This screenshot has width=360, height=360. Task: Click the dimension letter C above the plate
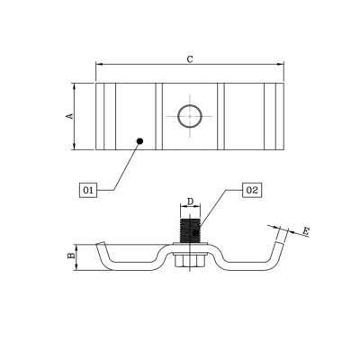coord(189,58)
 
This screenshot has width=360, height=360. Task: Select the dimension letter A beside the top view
coord(68,116)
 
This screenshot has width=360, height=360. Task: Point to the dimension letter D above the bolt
coord(190,201)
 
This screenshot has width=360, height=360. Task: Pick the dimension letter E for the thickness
coord(306,232)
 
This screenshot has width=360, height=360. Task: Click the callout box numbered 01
coord(87,190)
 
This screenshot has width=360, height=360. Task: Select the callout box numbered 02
coord(252,190)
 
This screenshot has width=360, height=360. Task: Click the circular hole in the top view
coord(190,115)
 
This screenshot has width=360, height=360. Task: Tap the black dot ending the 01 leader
coord(139,140)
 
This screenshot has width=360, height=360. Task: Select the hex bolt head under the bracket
coord(190,260)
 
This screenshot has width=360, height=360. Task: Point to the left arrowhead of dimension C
coord(99,65)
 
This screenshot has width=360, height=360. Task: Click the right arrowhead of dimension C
coord(281,65)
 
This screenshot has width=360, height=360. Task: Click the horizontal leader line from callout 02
coord(229,190)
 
